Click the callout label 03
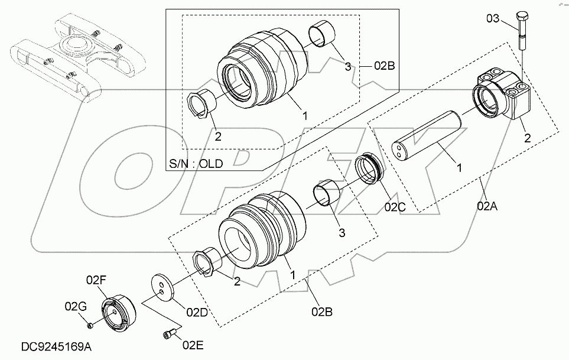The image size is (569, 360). (493, 18)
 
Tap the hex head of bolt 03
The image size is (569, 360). (522, 17)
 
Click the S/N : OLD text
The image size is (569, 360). (196, 164)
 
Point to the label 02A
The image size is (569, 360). (487, 206)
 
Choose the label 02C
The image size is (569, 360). (395, 207)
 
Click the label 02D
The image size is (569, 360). (197, 312)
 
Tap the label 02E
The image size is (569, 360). (193, 345)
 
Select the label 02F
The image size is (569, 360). (96, 280)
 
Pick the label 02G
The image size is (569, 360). (76, 306)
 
